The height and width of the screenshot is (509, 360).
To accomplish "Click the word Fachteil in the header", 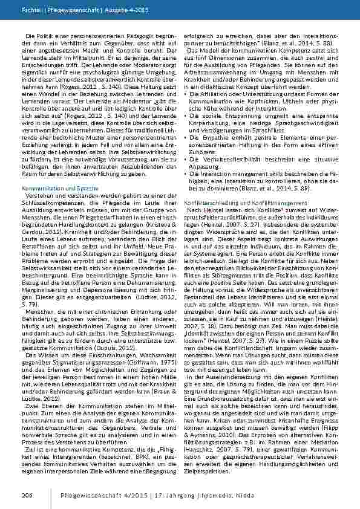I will click(x=31, y=11).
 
